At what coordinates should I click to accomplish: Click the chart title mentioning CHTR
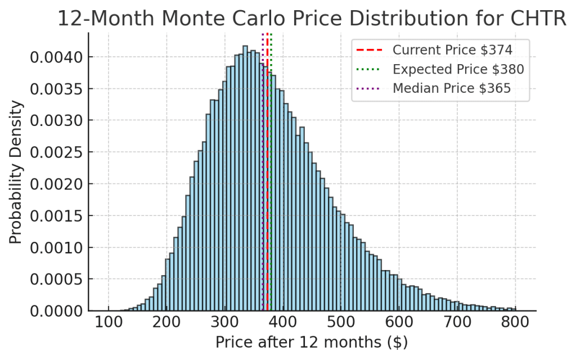click(312, 19)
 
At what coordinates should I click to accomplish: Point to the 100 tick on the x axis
click(109, 323)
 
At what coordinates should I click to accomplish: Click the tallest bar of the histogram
click(245, 169)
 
